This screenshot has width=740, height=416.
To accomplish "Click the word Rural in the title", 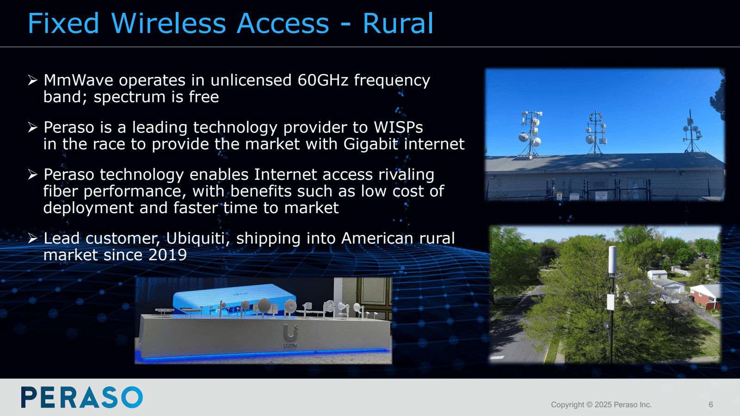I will tap(398, 24).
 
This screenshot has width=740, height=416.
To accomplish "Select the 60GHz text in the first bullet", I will tap(322, 80).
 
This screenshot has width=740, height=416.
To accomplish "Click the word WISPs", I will tap(398, 128).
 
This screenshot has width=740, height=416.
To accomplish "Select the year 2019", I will tap(167, 255).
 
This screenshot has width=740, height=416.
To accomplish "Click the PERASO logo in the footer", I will tap(82, 398).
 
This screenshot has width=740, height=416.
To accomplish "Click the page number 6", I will tap(710, 405).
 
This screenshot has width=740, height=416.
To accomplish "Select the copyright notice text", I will tap(601, 405).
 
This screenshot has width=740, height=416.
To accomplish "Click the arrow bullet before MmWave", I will tap(32, 80).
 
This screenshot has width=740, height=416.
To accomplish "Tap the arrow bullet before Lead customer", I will tap(32, 239).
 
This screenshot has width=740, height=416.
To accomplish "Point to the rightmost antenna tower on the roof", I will tap(691, 132).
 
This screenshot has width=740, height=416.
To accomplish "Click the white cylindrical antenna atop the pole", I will tap(612, 260).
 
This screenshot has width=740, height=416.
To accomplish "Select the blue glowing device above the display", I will tap(234, 296).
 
